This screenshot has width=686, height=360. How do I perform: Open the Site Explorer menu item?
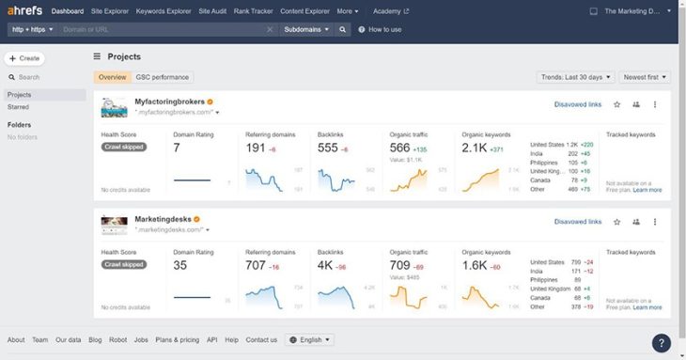pos(110,11)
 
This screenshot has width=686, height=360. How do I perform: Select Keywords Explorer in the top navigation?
pos(164,11)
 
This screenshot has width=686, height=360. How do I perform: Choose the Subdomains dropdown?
pos(307,29)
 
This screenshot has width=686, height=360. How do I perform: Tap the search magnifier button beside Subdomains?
pos(345,29)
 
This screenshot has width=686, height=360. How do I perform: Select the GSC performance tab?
pos(163,77)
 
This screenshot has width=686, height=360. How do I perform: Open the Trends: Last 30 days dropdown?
pos(576,77)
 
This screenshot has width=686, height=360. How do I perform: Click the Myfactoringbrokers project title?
pos(169,102)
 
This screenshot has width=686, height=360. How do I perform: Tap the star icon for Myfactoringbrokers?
pos(616,104)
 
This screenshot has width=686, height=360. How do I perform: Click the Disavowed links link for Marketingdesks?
pos(577,222)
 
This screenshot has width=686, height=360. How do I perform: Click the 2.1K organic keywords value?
pos(475,149)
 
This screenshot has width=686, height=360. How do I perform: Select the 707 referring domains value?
pos(256,266)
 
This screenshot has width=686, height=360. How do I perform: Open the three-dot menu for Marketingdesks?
pos(655,222)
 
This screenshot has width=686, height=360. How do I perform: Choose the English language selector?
pos(309,339)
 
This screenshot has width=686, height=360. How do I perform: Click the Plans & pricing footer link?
pos(177,339)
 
